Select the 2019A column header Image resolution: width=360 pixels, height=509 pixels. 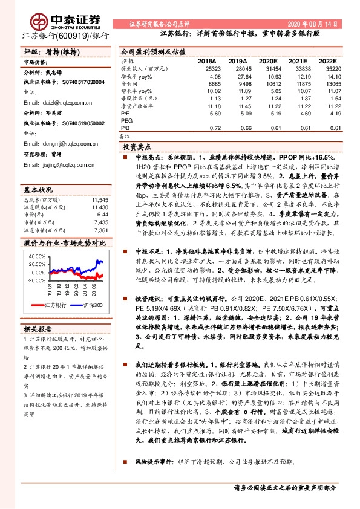coord(238,62)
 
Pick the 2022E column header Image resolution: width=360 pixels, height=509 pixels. coord(328,62)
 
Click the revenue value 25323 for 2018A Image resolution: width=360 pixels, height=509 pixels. coord(208,70)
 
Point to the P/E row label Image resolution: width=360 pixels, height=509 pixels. coord(125,113)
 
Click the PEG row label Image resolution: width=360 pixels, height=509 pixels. coord(127,120)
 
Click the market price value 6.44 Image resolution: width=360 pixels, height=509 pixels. coord(102,215)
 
